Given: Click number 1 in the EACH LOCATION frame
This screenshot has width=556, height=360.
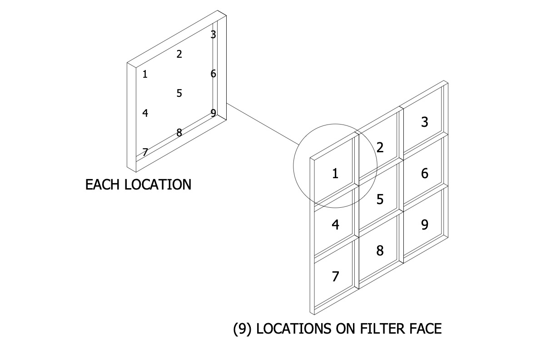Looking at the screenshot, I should pos(145,74).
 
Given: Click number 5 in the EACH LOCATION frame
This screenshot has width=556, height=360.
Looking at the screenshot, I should pos(179,93).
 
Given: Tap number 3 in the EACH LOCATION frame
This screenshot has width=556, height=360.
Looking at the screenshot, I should pos(213,35).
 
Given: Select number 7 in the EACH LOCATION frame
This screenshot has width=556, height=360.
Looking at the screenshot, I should pos(145,152).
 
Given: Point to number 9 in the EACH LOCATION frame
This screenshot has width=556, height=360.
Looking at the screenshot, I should pos(213,113).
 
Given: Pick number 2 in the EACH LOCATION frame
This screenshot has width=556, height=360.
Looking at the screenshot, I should pos(179,54).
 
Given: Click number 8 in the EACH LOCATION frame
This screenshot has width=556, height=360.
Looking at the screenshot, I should pos(179,133).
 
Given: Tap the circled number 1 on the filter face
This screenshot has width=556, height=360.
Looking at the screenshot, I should pos(335,173).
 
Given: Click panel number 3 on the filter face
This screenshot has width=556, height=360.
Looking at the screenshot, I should pos(425,122).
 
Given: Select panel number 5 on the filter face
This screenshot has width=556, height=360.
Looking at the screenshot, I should pos(380,199).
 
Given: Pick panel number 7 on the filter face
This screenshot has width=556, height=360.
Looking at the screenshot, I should pos(335,276).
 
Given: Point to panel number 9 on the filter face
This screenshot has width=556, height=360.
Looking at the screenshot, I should pos(425,225).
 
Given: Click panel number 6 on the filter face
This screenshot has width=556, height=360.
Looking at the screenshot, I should pos(425,173).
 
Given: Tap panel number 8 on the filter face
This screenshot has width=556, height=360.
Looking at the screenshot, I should pos(380,250).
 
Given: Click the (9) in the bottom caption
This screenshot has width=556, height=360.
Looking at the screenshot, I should pos(243,328).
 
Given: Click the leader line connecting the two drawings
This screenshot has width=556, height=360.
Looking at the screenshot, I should pos(261,124).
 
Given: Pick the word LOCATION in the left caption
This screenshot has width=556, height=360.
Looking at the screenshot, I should pos(158,185).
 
